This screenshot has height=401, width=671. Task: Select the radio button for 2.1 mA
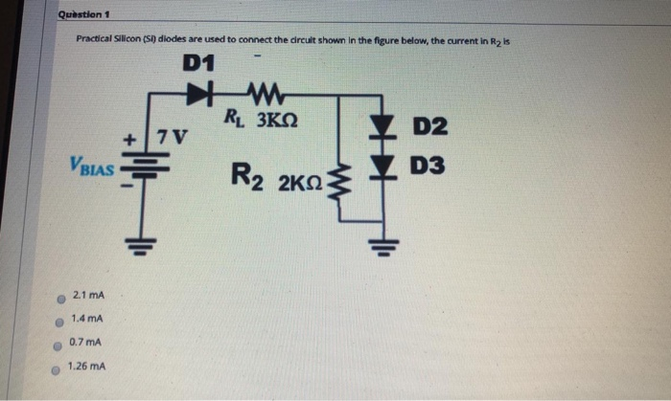(58, 298)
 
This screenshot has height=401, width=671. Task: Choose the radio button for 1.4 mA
(58, 320)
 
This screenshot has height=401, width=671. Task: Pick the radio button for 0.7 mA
(58, 344)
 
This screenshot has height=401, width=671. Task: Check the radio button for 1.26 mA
(58, 368)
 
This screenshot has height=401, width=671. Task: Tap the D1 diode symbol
(198, 95)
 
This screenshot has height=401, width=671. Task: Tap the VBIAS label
(91, 168)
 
